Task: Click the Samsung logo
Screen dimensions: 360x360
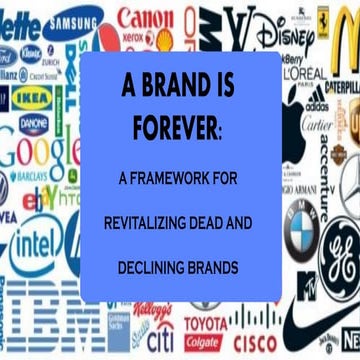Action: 75,24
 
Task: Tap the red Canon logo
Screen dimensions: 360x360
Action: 143,17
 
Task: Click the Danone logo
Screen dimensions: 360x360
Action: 33,123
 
